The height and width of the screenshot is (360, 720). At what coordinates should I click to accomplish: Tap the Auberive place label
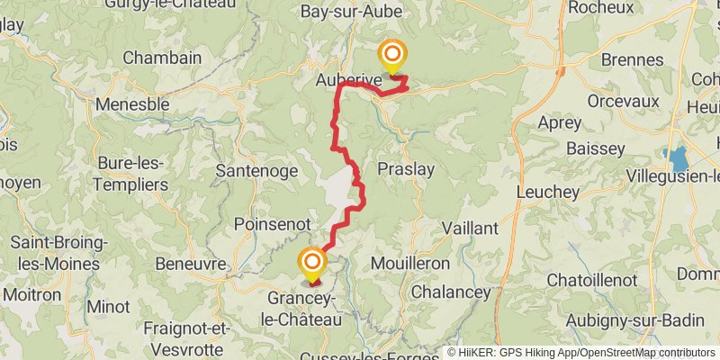click(349, 80)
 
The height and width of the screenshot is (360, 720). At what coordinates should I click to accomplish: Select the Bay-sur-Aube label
click(351, 12)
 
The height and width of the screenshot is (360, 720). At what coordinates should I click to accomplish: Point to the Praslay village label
click(406, 169)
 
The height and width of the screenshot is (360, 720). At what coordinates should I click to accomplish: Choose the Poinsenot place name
click(271, 223)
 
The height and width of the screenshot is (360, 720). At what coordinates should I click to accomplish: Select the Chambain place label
click(162, 57)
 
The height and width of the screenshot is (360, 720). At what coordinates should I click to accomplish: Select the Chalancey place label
click(451, 292)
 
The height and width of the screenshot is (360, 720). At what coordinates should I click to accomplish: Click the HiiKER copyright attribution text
click(581, 353)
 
